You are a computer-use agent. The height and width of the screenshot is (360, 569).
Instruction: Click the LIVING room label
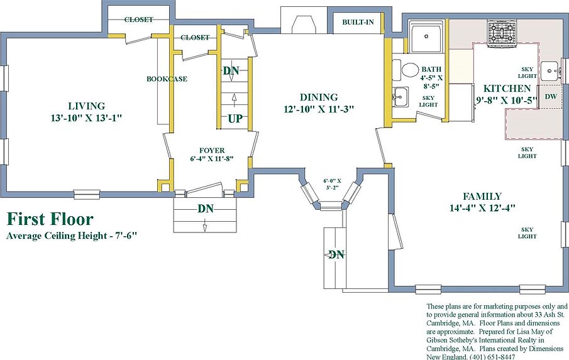click(86, 106)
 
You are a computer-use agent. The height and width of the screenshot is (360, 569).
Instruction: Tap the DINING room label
click(319, 97)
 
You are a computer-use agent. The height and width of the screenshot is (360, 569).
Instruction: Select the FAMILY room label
click(482, 197)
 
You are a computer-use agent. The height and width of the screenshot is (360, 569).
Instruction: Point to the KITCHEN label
click(507, 89)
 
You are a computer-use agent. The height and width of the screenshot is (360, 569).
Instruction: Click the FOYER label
click(212, 150)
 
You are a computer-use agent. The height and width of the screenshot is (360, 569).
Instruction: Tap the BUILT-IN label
click(358, 22)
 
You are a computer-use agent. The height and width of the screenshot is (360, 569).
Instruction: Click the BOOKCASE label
click(167, 79)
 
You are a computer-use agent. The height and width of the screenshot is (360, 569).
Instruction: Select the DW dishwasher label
click(551, 96)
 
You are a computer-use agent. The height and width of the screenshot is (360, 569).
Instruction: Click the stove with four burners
click(502, 33)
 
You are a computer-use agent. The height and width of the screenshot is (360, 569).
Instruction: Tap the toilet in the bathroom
click(407, 70)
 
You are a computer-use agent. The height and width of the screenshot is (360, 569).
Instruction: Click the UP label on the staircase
click(235, 119)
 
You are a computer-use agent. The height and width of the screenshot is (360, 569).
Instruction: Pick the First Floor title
click(50, 219)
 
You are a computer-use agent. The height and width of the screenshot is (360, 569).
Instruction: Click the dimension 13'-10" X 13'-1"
click(86, 118)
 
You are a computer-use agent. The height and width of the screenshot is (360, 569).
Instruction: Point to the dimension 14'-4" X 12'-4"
click(482, 208)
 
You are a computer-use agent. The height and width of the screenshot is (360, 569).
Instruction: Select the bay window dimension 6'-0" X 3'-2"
click(332, 184)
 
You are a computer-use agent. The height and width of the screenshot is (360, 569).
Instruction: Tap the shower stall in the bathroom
click(426, 36)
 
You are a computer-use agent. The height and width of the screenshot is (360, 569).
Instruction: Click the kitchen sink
click(551, 71)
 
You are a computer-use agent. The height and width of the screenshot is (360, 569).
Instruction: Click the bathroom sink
click(401, 97)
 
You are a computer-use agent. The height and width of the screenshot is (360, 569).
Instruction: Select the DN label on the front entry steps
click(206, 209)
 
